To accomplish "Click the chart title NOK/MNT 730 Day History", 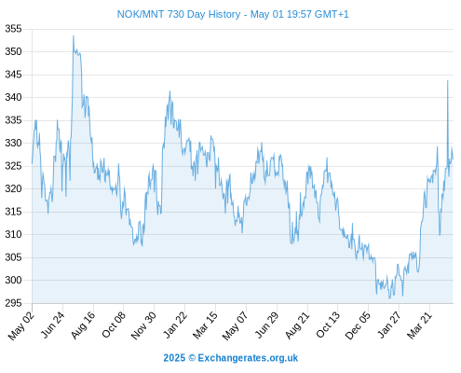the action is (x=179, y=14).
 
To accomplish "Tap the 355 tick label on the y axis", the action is (x=13, y=29).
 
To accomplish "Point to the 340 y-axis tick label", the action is (x=13, y=98).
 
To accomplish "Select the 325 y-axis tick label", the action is (x=13, y=166).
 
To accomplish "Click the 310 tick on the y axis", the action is (x=13, y=234).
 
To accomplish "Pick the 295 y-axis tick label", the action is (x=13, y=303).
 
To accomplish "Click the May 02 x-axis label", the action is (x=20, y=325).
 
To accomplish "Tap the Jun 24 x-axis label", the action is (x=53, y=325).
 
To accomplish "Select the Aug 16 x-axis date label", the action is (x=83, y=325).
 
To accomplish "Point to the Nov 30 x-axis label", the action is (x=143, y=325).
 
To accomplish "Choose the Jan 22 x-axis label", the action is (x=175, y=325).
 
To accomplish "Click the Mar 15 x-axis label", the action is (x=205, y=325).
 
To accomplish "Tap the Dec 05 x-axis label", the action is (x=358, y=325).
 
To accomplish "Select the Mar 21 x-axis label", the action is (x=420, y=325).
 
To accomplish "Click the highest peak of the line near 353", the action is (x=74, y=35).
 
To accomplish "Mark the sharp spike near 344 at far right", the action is (x=448, y=81).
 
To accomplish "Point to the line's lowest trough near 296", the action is (x=390, y=298).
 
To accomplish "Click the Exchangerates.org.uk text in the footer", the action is (x=248, y=358).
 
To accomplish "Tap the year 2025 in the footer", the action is (x=174, y=358).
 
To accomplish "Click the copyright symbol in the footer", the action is (x=192, y=358).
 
